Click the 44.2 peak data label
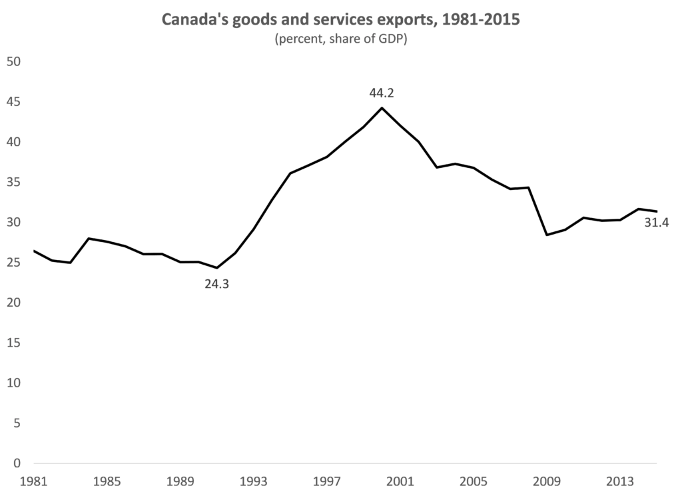point(382,92)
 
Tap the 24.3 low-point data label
point(216,284)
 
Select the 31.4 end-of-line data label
point(656,223)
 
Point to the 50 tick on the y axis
point(14,62)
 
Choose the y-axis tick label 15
point(14,343)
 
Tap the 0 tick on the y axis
point(18,463)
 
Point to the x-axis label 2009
point(547,481)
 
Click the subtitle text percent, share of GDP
point(340,39)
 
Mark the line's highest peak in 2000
point(382,108)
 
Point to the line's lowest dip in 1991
point(216,268)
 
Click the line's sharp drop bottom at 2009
point(547,235)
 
